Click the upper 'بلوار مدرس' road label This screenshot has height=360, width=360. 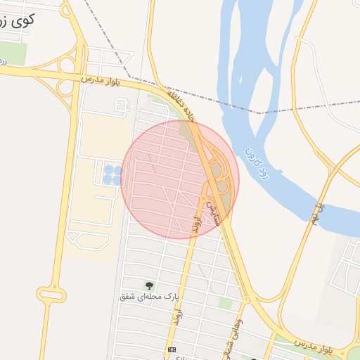tap(101, 81)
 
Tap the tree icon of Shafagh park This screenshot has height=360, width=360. tap(149, 285)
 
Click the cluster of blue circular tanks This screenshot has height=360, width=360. tap(112, 174)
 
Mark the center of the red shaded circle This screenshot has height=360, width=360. tap(180, 180)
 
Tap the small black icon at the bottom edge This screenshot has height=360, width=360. tap(172, 349)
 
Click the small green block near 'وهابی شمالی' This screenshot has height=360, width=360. tap(225, 303)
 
